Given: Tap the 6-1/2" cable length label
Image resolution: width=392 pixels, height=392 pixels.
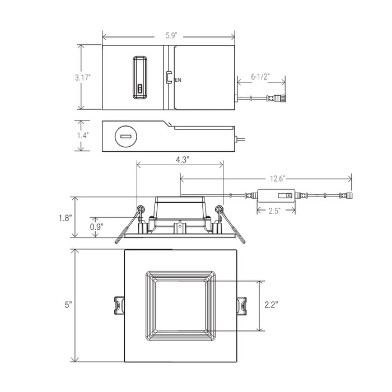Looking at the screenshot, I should coord(261,75).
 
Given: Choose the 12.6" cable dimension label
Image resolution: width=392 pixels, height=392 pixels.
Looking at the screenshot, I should coord(277,179).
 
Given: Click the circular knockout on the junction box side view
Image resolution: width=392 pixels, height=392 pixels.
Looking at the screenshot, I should coord(124,136).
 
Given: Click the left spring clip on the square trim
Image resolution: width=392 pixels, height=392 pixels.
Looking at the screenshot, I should coord(118,306).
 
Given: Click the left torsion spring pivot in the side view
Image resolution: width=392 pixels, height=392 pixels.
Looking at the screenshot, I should coord(141,209).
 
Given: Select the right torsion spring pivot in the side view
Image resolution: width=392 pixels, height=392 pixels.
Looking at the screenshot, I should coord(220,209).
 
